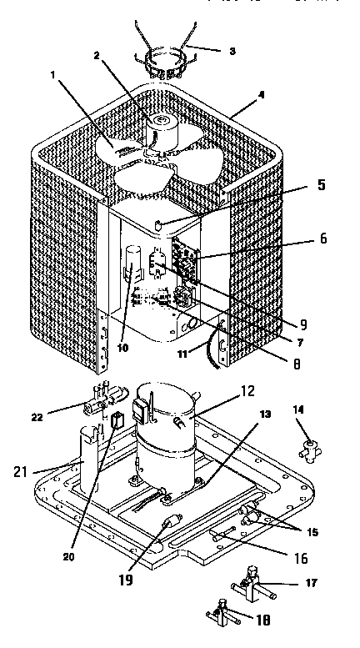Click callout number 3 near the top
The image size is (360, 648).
pos(232,51)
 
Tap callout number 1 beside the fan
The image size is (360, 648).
pos(55,75)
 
